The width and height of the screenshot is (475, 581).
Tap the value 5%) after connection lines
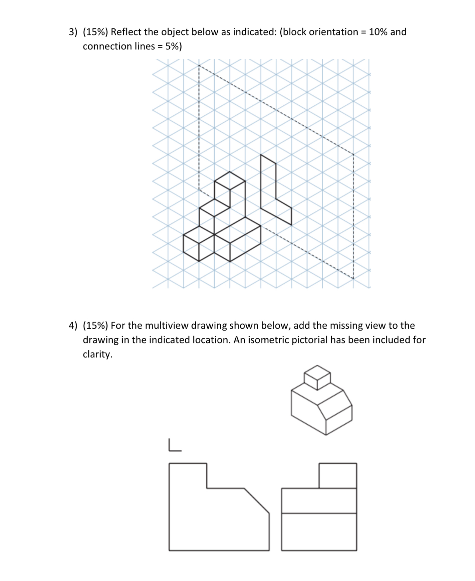(173, 46)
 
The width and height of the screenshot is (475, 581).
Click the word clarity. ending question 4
(97, 354)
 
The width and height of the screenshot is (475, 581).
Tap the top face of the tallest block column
(230, 181)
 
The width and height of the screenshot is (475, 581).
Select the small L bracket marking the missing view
(174, 445)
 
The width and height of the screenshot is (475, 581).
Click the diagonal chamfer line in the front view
(257, 500)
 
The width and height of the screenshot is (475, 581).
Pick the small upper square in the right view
(338, 476)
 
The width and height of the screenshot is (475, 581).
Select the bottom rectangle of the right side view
(319, 532)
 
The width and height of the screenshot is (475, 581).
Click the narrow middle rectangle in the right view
(319, 501)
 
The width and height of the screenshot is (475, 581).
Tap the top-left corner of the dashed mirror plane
(199, 65)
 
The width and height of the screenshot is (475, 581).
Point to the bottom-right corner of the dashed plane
(353, 279)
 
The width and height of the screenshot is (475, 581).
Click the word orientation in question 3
(333, 32)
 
